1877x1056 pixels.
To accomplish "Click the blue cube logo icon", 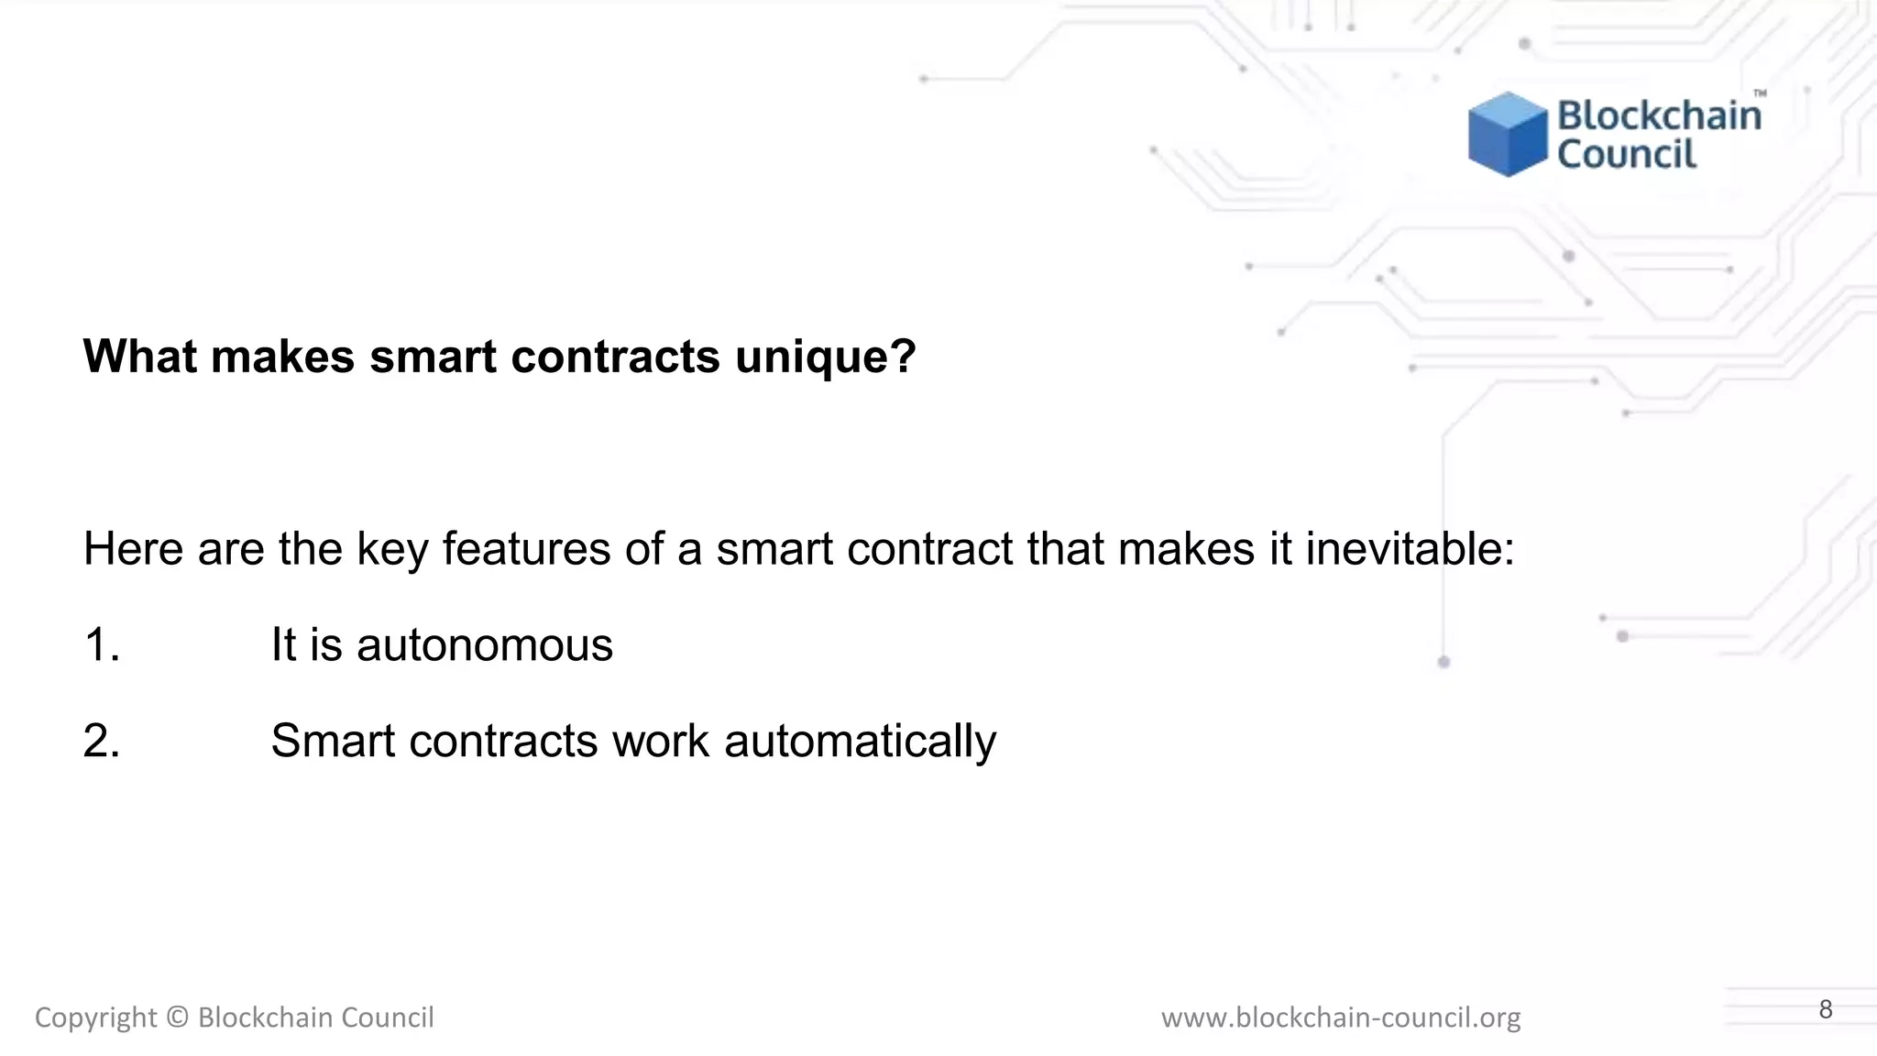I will (1507, 135).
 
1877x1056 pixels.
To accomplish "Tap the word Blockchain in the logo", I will (1659, 115).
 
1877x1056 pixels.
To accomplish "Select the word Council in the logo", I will (1627, 154).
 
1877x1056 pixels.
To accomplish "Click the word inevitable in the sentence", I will (1410, 549).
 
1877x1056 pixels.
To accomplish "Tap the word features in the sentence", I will (526, 549).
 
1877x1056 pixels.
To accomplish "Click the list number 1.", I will (102, 644).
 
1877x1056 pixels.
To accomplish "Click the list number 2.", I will (102, 741).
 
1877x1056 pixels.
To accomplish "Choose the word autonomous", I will (484, 645).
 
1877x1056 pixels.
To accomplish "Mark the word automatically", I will (860, 742).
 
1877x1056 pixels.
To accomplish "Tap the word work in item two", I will (660, 741).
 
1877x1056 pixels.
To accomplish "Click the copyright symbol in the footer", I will (178, 1017).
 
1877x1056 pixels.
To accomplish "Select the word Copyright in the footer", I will (95, 1018).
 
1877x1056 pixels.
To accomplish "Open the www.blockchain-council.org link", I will (1340, 1017).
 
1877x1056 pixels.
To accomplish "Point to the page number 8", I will (1825, 1009).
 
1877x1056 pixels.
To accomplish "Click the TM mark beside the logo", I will (1760, 93).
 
